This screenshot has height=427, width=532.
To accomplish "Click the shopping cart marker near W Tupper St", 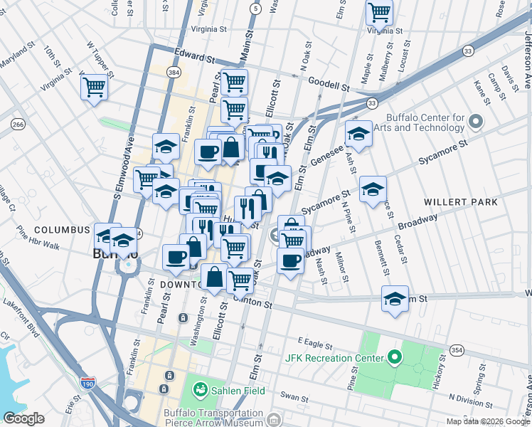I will pyautogui.click(x=94, y=88).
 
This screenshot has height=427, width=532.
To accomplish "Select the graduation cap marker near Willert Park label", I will pyautogui.click(x=373, y=189).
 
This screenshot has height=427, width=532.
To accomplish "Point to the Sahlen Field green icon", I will pyautogui.click(x=200, y=390).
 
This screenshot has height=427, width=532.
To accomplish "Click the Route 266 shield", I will pyautogui.click(x=18, y=125).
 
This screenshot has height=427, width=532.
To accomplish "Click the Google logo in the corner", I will pyautogui.click(x=23, y=418).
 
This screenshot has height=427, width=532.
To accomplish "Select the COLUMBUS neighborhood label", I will pyautogui.click(x=61, y=231).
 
